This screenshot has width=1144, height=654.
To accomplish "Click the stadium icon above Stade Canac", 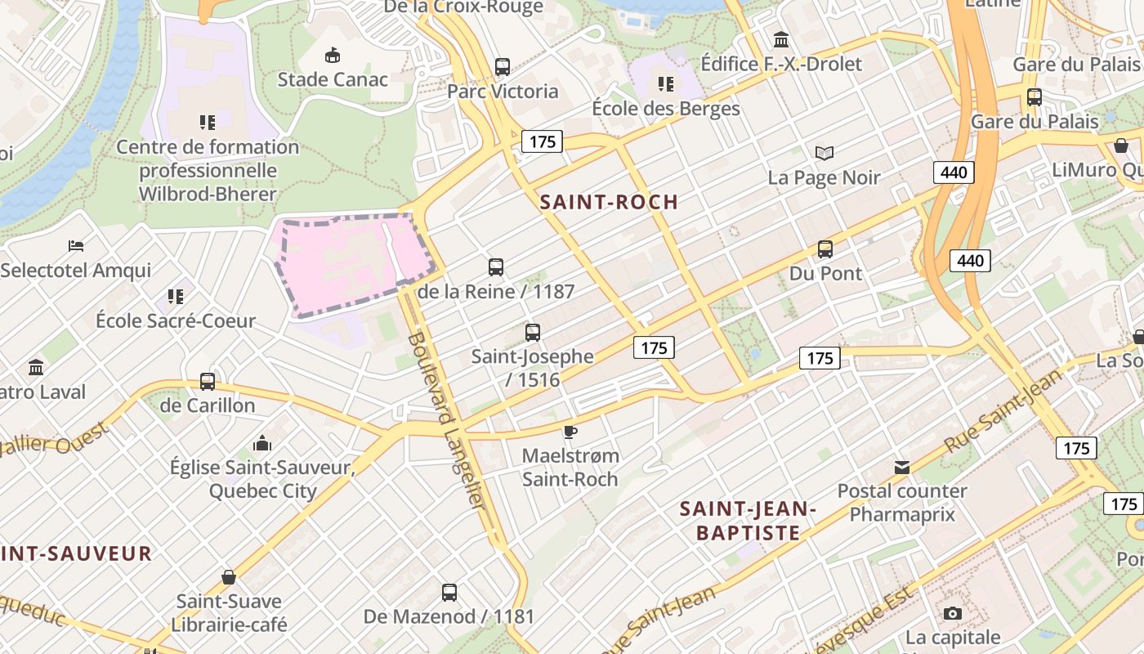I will tap(333, 56).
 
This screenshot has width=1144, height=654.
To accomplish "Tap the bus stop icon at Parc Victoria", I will tap(503, 67).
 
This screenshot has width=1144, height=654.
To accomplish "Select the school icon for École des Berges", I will tap(666, 84).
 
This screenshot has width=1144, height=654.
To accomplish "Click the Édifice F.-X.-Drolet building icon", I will tap(781, 39).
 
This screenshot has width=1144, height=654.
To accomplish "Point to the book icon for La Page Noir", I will tap(824, 153).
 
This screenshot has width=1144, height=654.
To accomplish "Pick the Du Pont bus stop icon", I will tap(825, 249).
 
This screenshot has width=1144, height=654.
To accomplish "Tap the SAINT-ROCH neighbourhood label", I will tap(610, 202).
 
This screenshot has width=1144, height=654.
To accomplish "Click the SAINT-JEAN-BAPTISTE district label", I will tap(748, 521).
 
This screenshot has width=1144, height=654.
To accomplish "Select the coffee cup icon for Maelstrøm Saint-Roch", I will tap(570, 432).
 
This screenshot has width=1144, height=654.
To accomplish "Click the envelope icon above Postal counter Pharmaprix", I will tap(902, 468).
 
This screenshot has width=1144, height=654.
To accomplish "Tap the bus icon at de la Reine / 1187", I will tap(496, 267).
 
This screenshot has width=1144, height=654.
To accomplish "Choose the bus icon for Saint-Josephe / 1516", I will tap(533, 333).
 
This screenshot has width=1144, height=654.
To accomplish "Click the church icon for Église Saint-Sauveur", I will tap(262, 443).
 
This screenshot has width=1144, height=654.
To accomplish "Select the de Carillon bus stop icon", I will tap(208, 382).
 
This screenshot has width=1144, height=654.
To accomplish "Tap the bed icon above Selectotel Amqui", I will tap(76, 245).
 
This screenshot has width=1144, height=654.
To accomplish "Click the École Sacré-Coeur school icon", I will tap(176, 296).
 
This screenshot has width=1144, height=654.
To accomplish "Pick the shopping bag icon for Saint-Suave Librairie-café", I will tap(229, 577).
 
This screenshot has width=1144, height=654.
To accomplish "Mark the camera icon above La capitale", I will tap(952, 613).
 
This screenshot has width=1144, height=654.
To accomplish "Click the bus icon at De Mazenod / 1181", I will tap(449, 593).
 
